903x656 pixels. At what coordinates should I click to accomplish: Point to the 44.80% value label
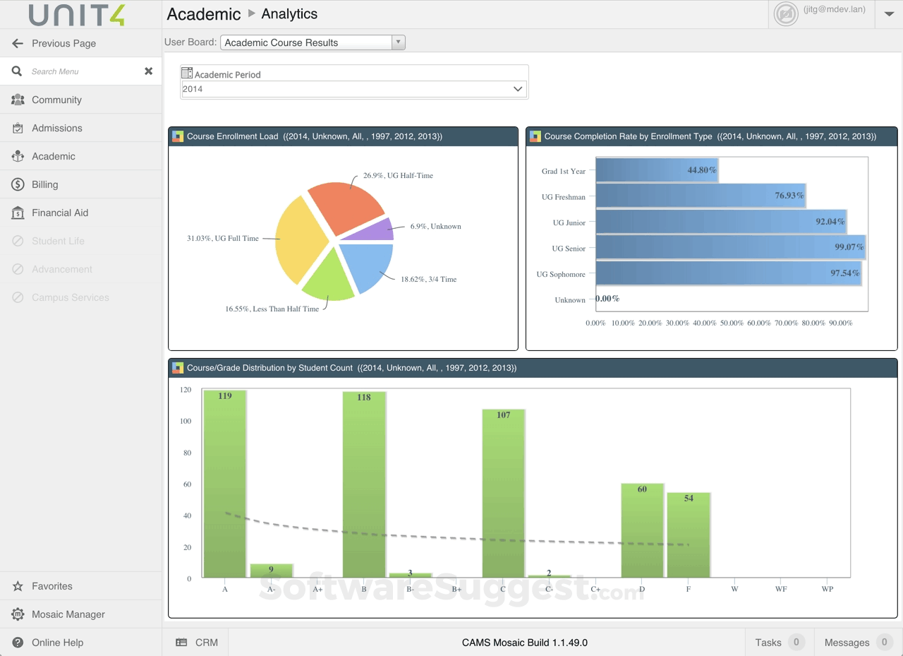pos(702,170)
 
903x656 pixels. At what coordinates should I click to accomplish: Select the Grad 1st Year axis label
pos(564,172)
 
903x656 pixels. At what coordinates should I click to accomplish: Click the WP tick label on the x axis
pos(828,589)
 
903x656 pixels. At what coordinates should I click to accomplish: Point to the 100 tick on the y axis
pos(186,422)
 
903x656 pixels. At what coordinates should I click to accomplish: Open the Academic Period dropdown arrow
pos(518,89)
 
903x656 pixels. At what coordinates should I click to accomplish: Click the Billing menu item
pos(45,184)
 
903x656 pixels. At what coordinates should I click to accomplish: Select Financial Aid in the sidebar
pos(60,213)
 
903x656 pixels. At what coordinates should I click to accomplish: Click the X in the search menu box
pos(149,71)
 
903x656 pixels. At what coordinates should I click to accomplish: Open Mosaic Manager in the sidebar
pos(68,614)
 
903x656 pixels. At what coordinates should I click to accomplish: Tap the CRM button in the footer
pos(197,643)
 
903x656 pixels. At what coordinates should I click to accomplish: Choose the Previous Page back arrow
pos(18,43)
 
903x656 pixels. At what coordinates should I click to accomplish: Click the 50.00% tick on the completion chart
pos(732,323)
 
